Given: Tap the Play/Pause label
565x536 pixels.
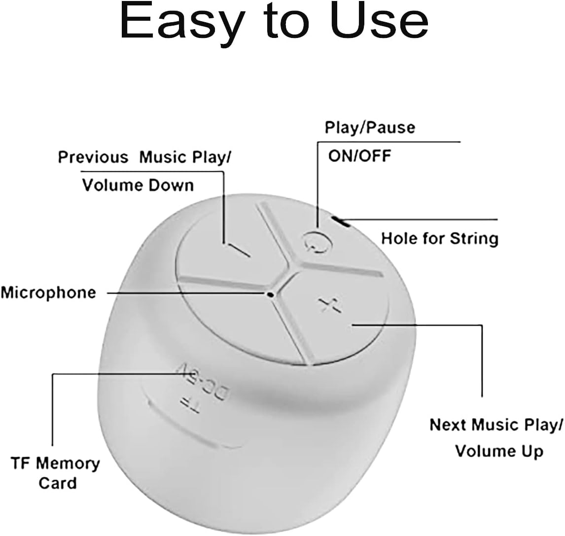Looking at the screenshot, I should (369, 127).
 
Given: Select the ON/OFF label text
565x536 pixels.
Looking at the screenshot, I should (359, 156).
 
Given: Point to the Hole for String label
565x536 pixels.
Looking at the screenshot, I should (440, 239).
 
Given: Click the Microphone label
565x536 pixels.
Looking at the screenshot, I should (48, 292).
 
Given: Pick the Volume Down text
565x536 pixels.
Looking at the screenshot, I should (138, 185).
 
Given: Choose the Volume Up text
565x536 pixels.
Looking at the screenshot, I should (499, 451).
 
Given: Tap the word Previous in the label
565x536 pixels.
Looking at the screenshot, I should (93, 157).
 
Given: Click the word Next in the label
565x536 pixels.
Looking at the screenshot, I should (448, 425).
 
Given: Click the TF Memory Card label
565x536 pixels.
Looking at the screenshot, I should (55, 473).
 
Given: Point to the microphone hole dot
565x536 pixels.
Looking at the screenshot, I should (271, 294).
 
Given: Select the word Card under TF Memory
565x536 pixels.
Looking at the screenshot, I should (58, 483).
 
